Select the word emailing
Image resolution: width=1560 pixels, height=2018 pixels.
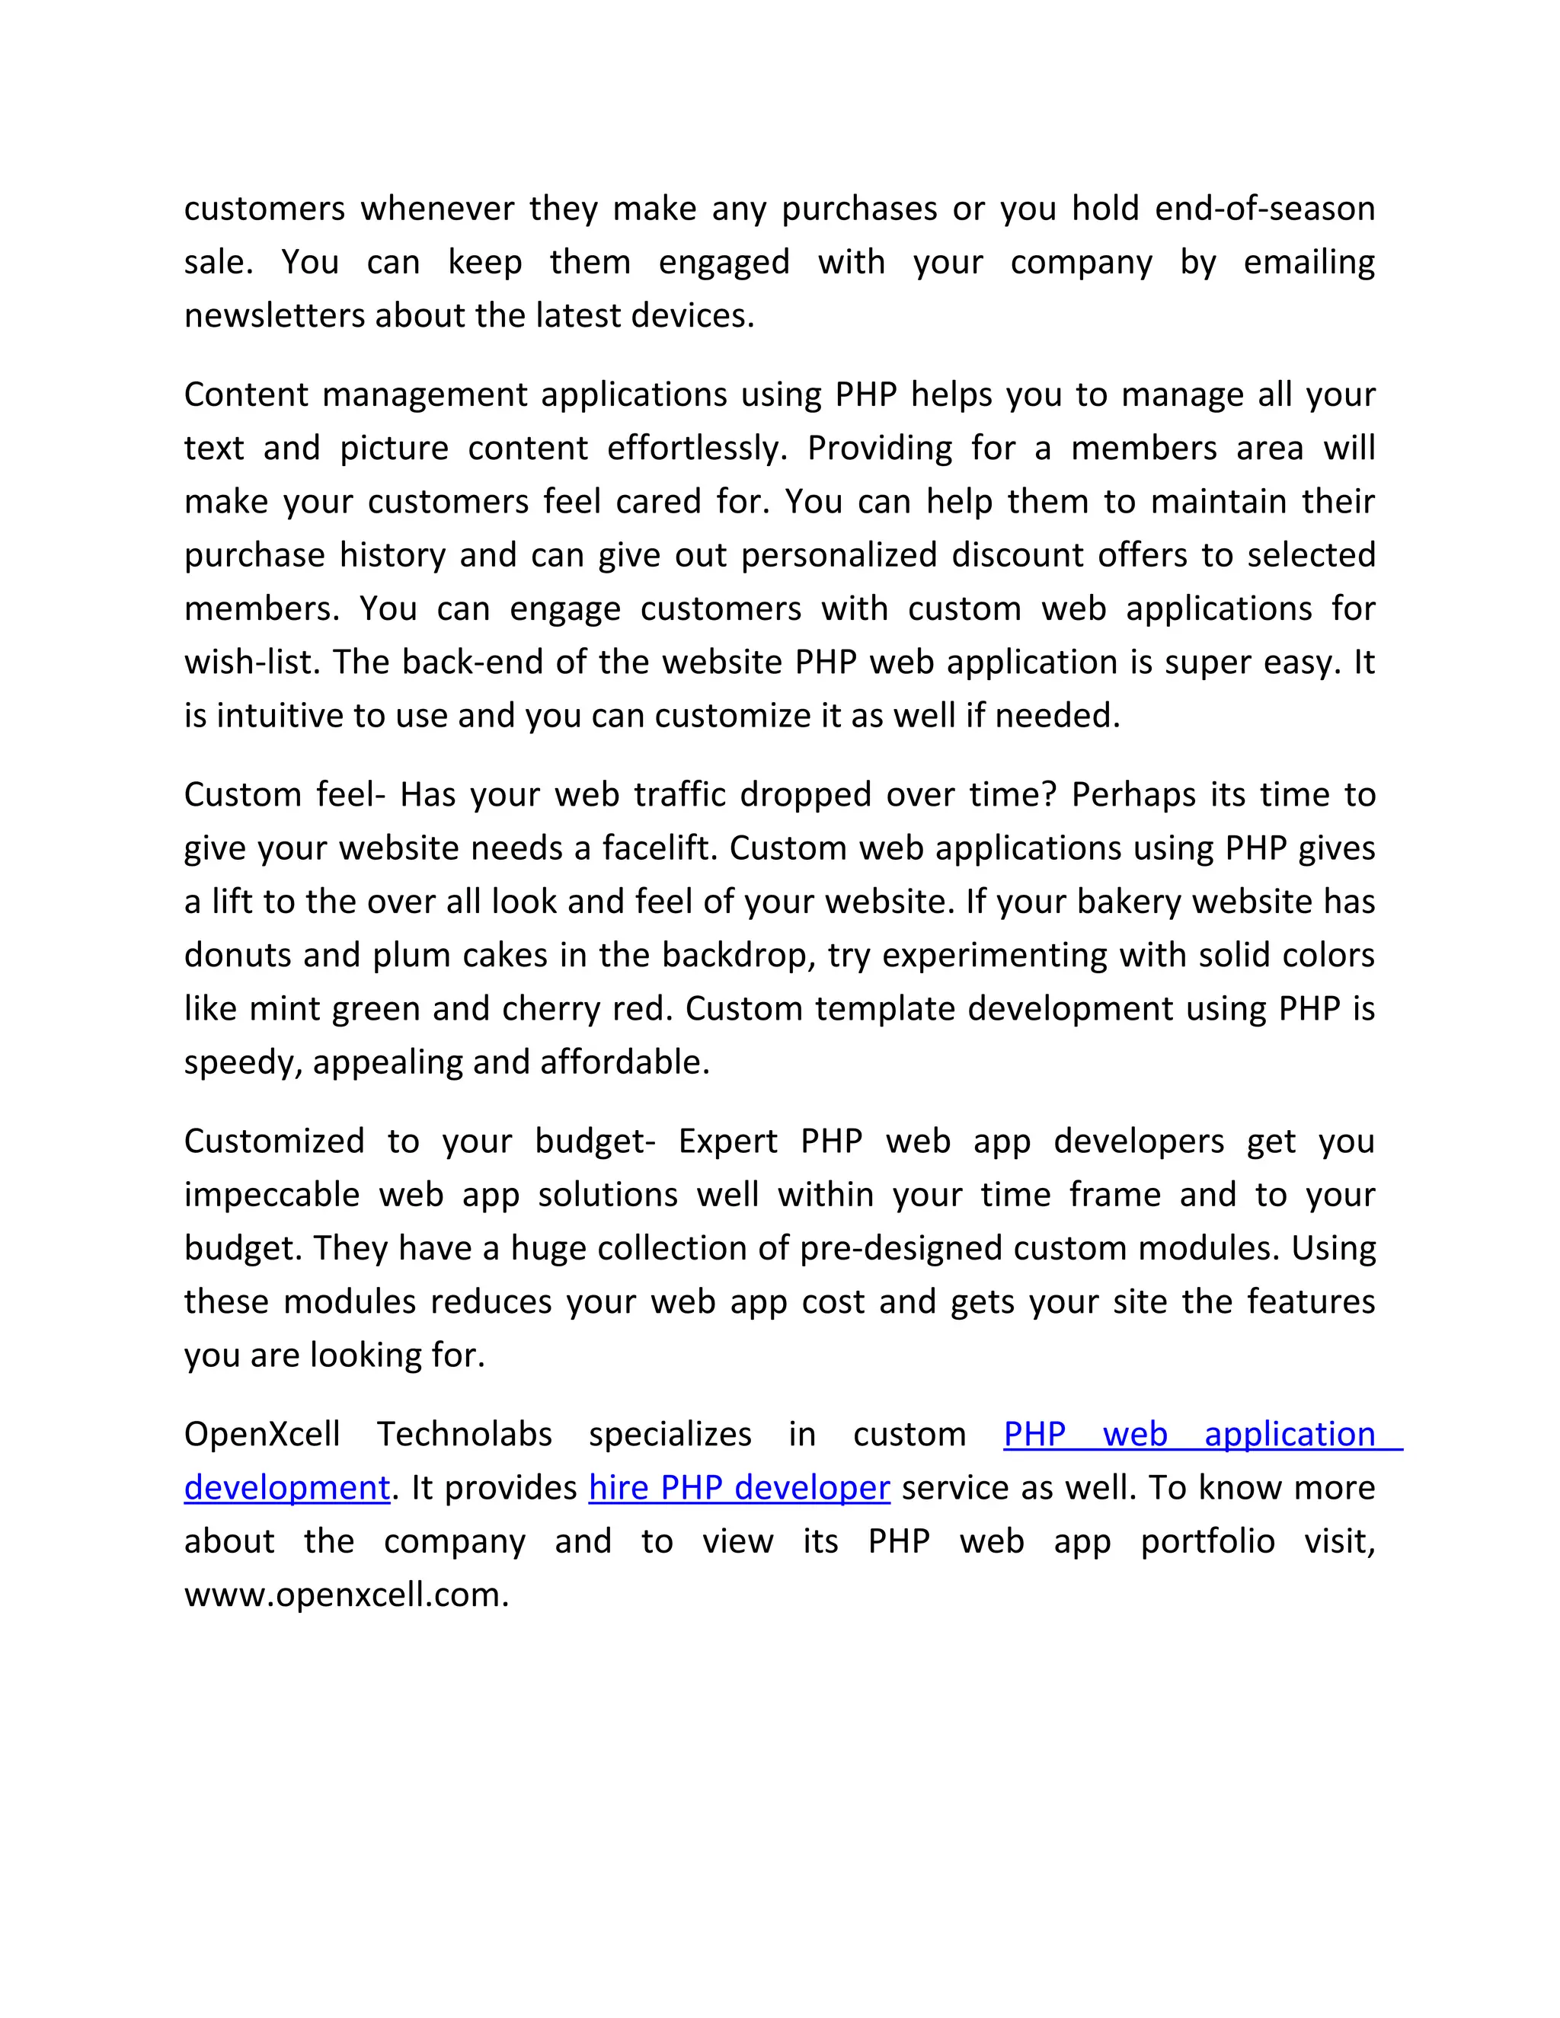1309,263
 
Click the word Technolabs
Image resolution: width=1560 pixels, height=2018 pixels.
464,1435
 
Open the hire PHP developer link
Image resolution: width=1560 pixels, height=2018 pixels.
740,1489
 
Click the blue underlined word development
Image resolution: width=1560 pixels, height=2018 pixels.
286,1489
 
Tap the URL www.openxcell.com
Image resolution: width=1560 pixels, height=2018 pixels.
347,1595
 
